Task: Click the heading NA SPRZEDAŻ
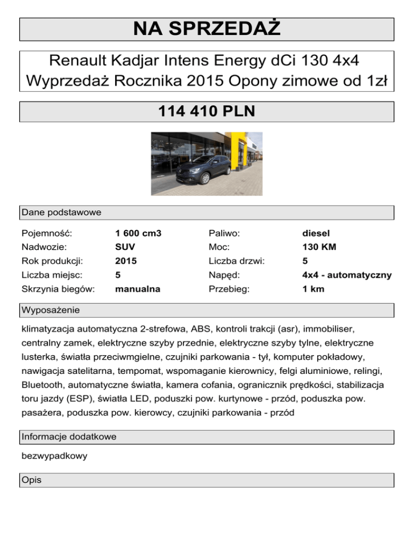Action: pos(206,29)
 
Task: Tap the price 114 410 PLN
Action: pos(206,112)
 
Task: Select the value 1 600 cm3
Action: pos(139,233)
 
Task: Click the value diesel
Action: pos(316,233)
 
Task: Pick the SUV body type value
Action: pos(125,247)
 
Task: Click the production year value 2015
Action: pos(126,261)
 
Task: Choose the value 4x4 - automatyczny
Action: pos(347,275)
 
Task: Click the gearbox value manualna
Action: pos(138,289)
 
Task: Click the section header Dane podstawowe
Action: pos(61,213)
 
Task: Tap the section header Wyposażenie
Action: pos(51,311)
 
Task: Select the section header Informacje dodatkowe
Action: pos(69,437)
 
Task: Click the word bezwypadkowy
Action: pos(54,456)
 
